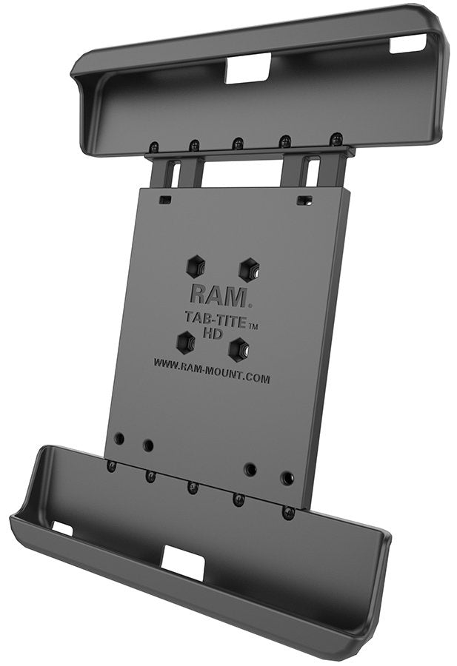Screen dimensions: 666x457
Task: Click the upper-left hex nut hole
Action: [x=196, y=264]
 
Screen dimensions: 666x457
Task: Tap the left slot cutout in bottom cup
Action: [x=62, y=528]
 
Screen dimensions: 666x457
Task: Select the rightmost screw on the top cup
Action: [x=336, y=138]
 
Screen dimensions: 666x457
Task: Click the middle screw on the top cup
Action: [x=238, y=142]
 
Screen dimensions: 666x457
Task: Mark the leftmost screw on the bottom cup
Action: [x=112, y=466]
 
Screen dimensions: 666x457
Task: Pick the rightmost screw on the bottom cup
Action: [x=287, y=512]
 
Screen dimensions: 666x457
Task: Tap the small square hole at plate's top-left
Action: [x=164, y=200]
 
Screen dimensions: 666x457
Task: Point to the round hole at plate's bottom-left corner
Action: [x=119, y=438]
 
